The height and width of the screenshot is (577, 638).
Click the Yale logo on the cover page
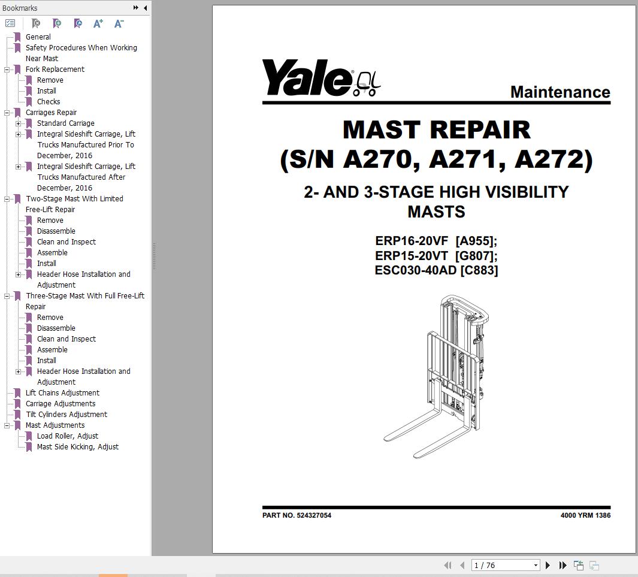(321, 78)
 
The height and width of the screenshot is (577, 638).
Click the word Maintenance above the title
(560, 92)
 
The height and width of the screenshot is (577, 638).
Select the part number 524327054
(314, 515)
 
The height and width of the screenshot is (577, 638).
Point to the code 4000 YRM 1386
(585, 515)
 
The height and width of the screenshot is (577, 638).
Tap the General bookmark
(38, 37)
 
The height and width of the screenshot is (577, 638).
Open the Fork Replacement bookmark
(55, 69)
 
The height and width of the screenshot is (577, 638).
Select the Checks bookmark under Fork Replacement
(49, 102)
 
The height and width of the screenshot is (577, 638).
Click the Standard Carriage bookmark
(65, 123)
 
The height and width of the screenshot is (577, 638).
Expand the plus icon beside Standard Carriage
(19, 123)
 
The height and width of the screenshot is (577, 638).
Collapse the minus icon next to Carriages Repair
(7, 113)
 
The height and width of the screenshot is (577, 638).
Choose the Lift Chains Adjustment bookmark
(62, 392)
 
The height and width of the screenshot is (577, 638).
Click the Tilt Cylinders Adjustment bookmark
(66, 414)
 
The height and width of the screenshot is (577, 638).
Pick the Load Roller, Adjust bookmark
(68, 436)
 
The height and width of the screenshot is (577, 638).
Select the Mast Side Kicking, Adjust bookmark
(78, 447)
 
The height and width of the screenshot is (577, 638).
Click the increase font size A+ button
(98, 23)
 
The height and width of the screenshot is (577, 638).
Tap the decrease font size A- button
(119, 23)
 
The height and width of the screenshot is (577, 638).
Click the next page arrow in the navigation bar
(548, 565)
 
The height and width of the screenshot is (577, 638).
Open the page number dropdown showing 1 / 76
(536, 565)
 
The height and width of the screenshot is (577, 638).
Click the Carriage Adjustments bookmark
(61, 404)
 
